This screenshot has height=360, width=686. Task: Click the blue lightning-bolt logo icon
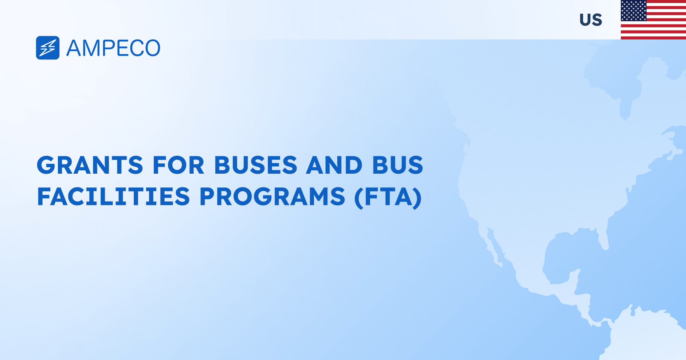coord(48,48)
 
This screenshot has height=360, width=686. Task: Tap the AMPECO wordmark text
coord(113,48)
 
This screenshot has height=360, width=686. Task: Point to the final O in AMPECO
coord(152,48)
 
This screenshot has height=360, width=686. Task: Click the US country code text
coord(591,20)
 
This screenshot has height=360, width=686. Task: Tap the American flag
coord(653,20)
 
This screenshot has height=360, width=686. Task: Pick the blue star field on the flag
coord(633,11)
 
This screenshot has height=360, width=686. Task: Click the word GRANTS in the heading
coord(90,165)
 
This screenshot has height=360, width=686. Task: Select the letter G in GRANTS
coord(46,165)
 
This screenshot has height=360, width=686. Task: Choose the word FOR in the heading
coord(178,165)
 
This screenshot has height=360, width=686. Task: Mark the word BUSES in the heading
coord(255,165)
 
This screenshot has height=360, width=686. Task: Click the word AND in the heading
coord(334,165)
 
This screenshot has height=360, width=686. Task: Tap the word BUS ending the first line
coord(397,165)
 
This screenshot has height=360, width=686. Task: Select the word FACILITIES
coord(113,197)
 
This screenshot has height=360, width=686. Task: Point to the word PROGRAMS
coord(272,197)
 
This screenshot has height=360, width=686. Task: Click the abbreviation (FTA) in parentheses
coord(388,197)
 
